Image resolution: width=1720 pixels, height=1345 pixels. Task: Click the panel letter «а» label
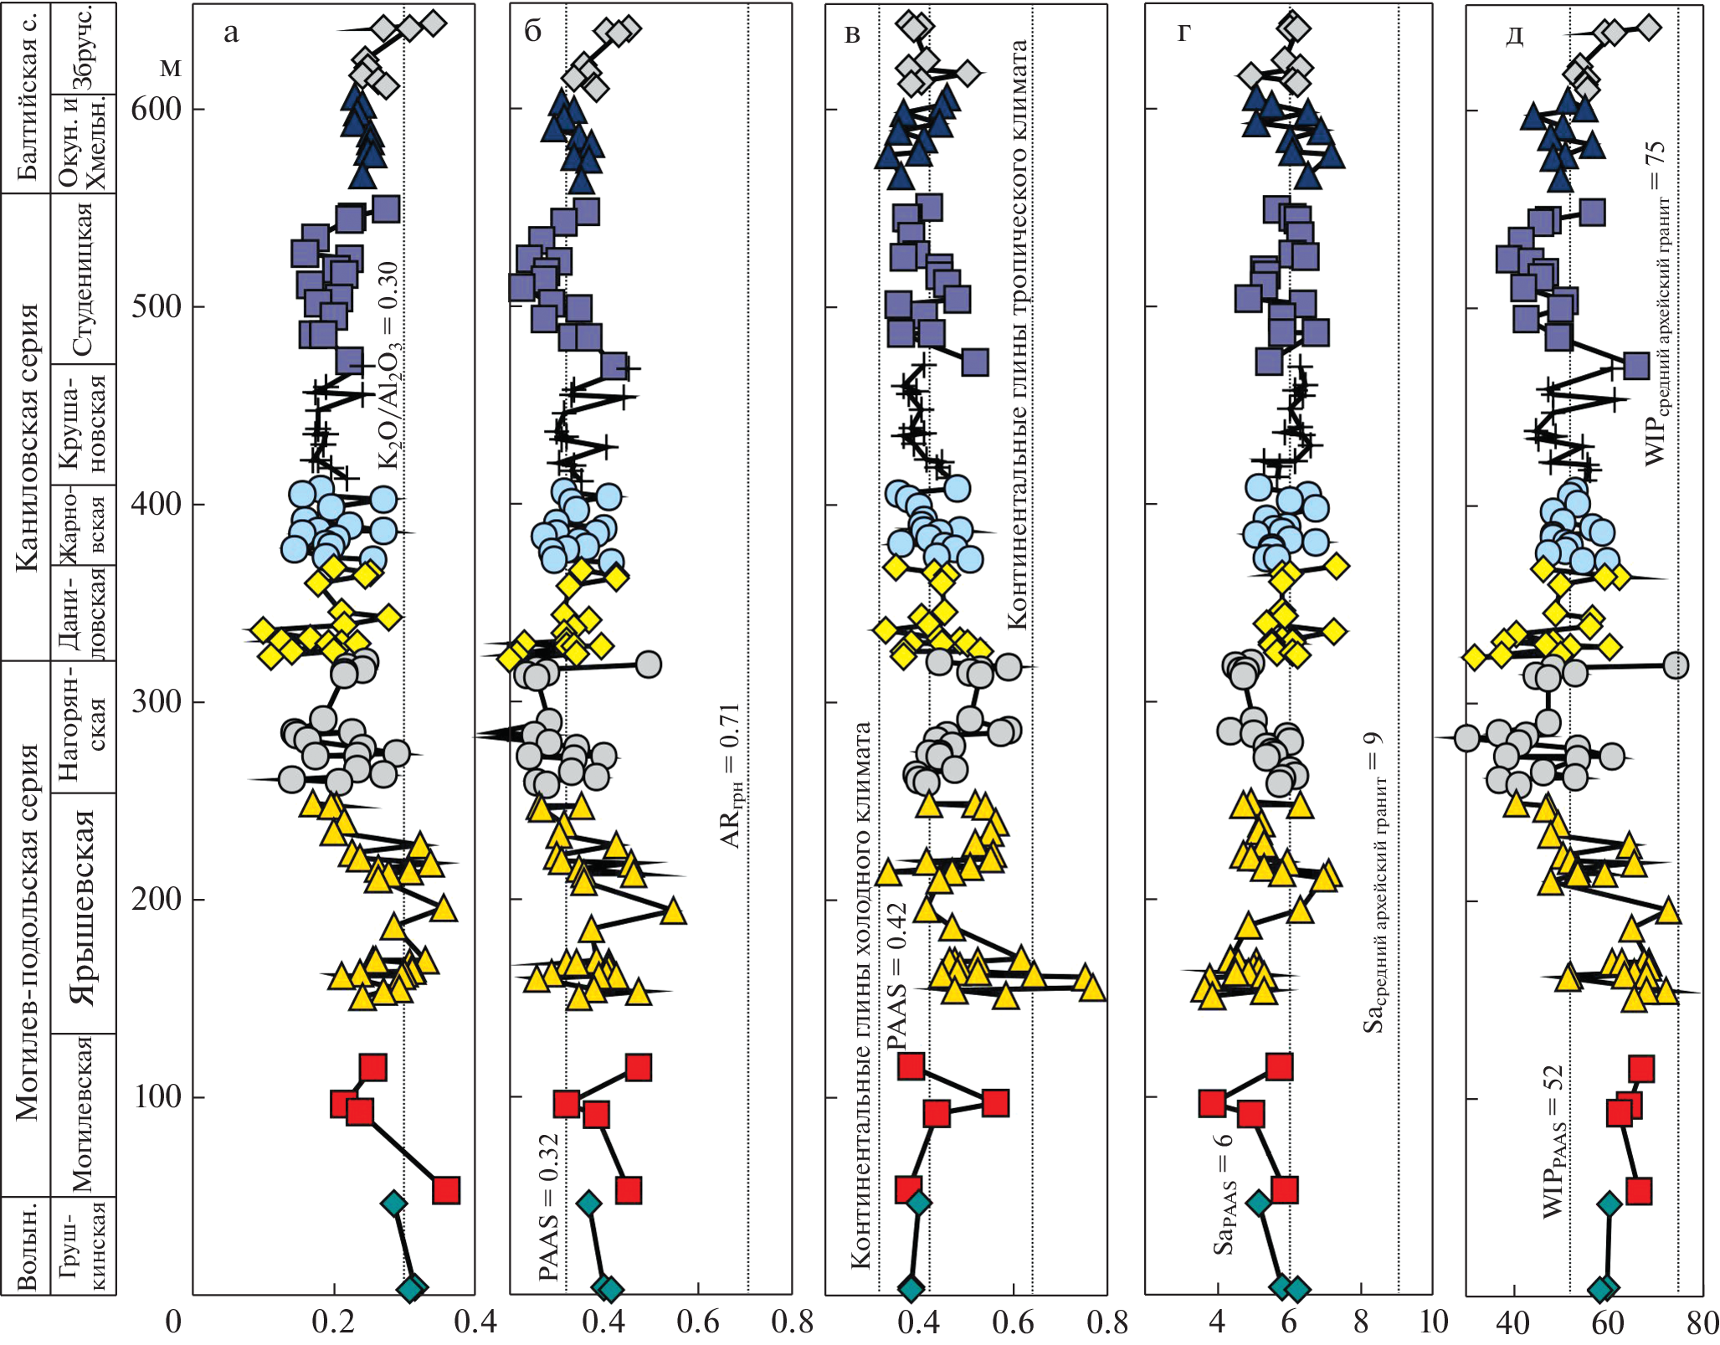(x=231, y=33)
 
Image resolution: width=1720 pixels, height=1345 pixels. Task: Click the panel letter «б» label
(x=533, y=31)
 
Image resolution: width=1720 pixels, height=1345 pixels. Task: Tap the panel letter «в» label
(x=852, y=34)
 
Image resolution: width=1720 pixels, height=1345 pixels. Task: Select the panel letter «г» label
(x=1183, y=33)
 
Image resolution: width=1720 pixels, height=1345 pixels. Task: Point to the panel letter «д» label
(x=1513, y=36)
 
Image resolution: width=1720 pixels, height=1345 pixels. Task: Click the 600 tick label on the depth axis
(x=156, y=109)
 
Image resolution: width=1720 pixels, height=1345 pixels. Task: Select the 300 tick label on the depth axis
(x=156, y=701)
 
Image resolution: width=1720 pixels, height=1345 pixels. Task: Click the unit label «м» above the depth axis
(x=170, y=67)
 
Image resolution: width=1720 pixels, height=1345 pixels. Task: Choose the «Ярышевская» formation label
(x=84, y=908)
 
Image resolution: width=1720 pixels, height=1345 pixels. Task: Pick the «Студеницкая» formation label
(x=83, y=279)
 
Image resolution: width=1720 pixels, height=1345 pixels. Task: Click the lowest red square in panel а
(x=446, y=1189)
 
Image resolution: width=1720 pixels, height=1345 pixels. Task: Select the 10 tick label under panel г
(x=1433, y=1322)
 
